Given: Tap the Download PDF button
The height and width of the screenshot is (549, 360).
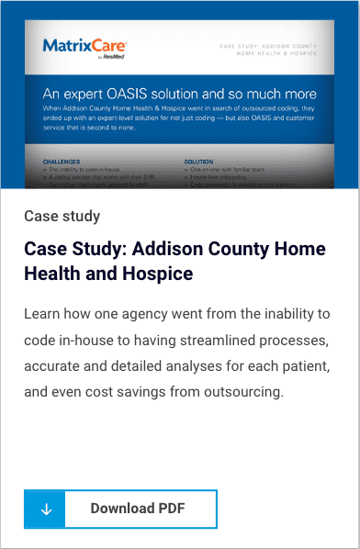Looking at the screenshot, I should (120, 509).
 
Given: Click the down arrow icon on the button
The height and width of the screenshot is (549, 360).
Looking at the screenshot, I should (47, 509).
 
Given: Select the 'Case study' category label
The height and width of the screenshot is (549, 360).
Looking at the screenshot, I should (62, 217).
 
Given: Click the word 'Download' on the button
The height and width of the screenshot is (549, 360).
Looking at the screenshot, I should (122, 509).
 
